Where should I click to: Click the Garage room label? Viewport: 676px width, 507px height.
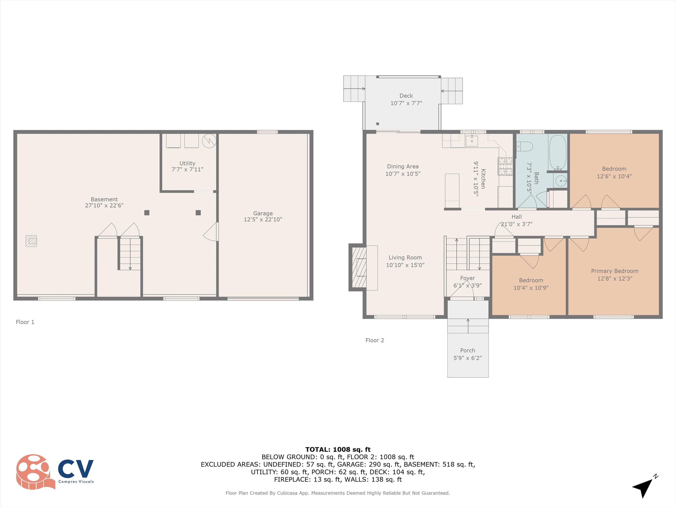pos(263,213)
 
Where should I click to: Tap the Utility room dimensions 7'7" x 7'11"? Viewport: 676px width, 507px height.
pos(187,169)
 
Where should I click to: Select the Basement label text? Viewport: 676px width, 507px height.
pos(104,199)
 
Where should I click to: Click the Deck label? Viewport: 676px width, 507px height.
pos(406,96)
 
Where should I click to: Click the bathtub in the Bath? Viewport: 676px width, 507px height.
pos(558,152)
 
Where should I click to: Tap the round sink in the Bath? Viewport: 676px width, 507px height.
pos(561,181)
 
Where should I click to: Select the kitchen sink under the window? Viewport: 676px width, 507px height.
pos(472,141)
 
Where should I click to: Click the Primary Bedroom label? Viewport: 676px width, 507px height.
pos(615,271)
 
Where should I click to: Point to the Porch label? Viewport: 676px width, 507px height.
pos(468,350)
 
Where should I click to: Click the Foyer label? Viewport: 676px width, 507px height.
pos(468,278)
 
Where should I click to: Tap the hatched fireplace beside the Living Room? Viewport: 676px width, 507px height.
pos(359,267)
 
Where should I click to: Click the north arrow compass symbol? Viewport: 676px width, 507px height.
pos(645,486)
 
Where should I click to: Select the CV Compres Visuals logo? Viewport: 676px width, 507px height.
pos(55,472)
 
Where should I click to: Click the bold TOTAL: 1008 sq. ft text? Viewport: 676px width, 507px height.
pos(338,450)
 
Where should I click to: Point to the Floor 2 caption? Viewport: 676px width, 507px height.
pos(375,340)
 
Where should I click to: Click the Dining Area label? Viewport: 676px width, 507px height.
pos(403,166)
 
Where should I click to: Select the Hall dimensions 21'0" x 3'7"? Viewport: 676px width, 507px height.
pos(516,224)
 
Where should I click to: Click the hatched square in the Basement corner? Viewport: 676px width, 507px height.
pos(31,241)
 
